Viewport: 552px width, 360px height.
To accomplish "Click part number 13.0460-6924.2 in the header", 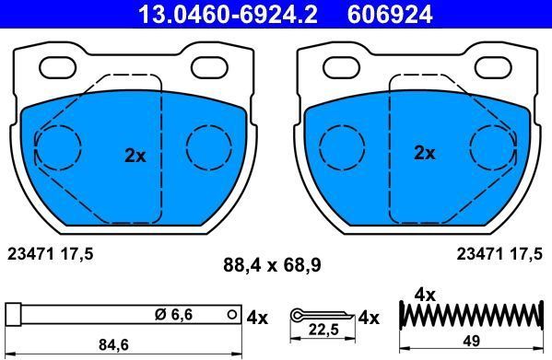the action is (228, 15).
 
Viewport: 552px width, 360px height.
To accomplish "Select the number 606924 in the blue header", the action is (390, 15).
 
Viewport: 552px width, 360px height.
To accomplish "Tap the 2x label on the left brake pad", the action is (135, 156).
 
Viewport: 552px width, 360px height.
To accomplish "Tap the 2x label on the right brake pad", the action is (424, 153).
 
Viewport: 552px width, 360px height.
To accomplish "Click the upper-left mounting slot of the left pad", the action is (58, 67).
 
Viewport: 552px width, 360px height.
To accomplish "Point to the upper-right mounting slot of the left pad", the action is (209, 67).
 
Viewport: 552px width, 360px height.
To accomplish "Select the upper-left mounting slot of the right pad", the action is (342, 67).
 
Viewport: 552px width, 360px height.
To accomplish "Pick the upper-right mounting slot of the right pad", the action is (493, 67).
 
